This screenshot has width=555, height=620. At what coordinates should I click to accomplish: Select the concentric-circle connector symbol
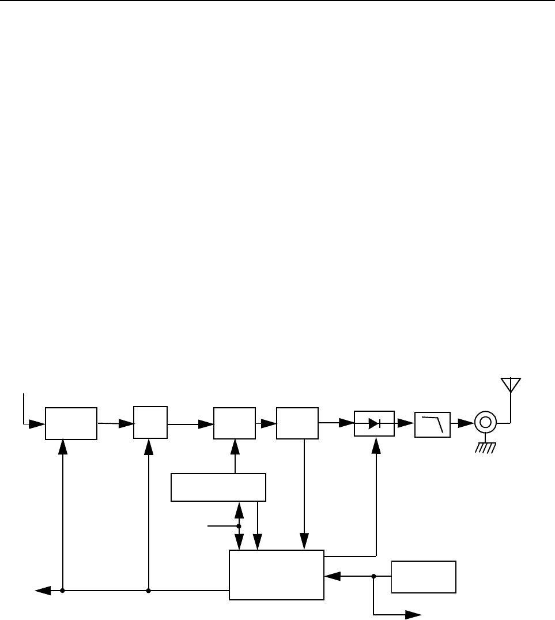485,423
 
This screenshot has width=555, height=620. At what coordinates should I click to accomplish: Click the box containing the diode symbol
374,423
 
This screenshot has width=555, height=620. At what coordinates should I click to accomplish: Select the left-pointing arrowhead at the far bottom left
41,591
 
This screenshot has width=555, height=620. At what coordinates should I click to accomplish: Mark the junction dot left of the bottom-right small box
373,576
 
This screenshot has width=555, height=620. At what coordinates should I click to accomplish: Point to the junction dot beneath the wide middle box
239,526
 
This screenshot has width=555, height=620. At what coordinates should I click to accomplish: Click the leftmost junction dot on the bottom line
62,591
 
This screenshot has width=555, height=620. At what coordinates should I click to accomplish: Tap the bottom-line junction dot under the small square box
149,591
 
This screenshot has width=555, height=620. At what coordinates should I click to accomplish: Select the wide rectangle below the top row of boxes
218,487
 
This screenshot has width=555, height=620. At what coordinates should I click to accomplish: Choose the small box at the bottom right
424,576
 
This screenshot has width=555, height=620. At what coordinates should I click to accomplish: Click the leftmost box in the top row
71,423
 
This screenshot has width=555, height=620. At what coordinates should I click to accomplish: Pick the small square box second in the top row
150,423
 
